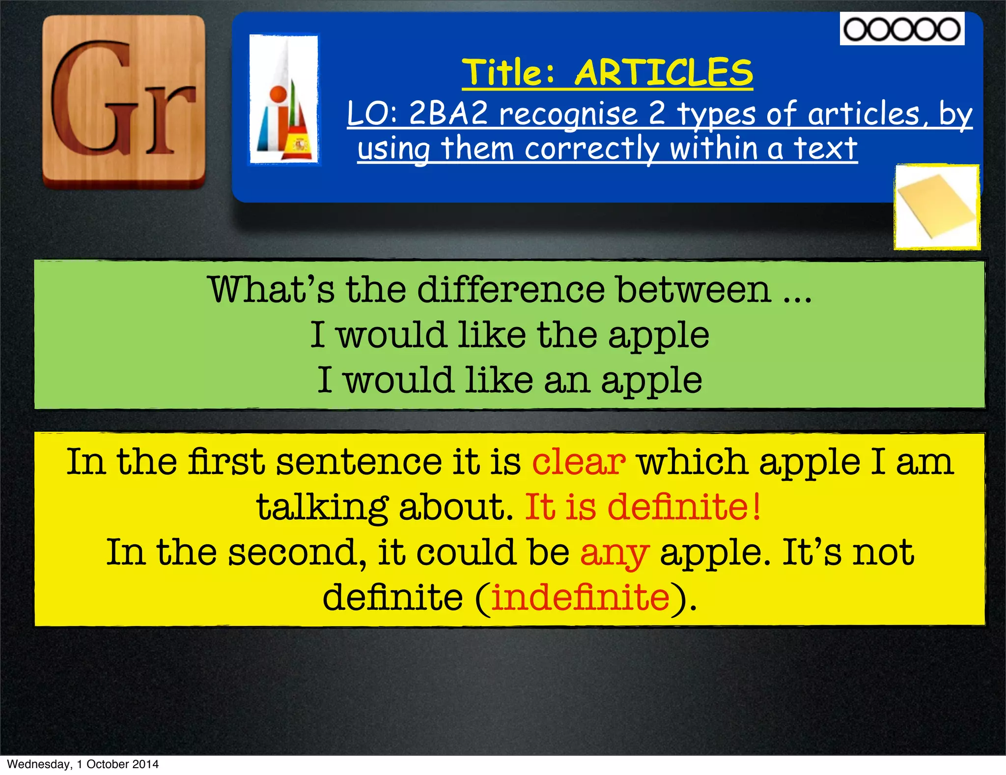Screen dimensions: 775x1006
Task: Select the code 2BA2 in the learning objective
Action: point(448,114)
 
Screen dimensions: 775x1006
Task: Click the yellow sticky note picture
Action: point(937,207)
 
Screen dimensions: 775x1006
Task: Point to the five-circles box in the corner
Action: point(902,29)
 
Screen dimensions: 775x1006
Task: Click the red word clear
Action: point(579,462)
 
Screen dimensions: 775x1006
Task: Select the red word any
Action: point(615,553)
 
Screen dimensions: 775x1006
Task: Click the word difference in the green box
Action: point(511,290)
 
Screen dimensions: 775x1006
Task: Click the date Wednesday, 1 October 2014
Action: point(83,764)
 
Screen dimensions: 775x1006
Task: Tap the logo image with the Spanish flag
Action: point(284,99)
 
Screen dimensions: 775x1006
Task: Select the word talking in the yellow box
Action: point(322,507)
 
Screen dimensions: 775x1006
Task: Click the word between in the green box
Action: point(694,290)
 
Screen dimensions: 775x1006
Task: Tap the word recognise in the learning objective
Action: point(568,114)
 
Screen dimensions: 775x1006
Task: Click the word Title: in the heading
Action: point(509,73)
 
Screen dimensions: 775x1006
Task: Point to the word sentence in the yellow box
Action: point(359,462)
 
